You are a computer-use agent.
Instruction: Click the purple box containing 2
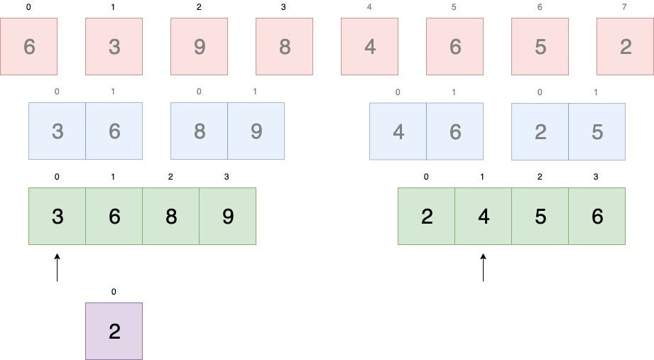tap(114, 331)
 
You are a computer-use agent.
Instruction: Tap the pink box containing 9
tap(199, 47)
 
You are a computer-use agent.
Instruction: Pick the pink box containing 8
tap(284, 47)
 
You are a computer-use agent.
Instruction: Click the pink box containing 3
tap(114, 47)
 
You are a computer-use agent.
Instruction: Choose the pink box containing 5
tap(540, 47)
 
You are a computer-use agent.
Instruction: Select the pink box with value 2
tap(624, 47)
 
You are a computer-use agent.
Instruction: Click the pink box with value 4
tap(369, 47)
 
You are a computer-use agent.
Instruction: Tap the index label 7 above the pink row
tap(625, 7)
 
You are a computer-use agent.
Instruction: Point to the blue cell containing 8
tap(199, 131)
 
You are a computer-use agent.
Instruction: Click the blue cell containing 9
tap(256, 131)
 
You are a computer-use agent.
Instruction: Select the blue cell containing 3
tap(57, 131)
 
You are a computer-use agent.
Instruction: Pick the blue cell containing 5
tap(596, 131)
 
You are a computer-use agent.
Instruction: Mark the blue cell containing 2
tap(540, 131)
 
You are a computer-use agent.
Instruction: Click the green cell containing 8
tap(170, 216)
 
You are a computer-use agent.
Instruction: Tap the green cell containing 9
tap(227, 216)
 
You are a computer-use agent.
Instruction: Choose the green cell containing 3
tap(57, 216)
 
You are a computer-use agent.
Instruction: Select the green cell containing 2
tap(426, 216)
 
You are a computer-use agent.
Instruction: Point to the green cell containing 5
tap(540, 216)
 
